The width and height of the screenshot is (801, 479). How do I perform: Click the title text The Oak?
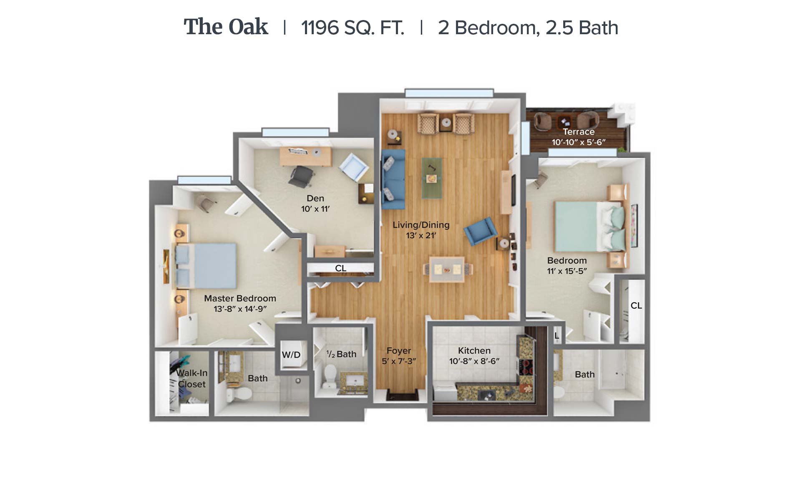pyautogui.click(x=226, y=27)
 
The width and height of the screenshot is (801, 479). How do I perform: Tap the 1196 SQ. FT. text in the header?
pyautogui.click(x=353, y=28)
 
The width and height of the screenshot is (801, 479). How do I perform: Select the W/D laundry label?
pyautogui.click(x=291, y=355)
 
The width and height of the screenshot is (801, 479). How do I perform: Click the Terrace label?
pyautogui.click(x=578, y=131)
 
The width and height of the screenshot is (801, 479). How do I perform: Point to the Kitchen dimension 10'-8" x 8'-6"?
pyautogui.click(x=474, y=361)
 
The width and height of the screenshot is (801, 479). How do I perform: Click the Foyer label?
pyautogui.click(x=399, y=350)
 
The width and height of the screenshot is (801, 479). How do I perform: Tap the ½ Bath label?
pyautogui.click(x=341, y=354)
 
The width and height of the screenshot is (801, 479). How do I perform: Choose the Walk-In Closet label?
pyautogui.click(x=191, y=378)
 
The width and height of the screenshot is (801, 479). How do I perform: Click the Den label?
pyautogui.click(x=315, y=198)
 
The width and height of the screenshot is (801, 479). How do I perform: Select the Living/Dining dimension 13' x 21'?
pyautogui.click(x=421, y=235)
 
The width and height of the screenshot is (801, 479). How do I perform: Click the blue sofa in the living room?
pyautogui.click(x=393, y=179)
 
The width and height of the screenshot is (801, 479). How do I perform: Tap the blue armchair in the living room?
pyautogui.click(x=481, y=231)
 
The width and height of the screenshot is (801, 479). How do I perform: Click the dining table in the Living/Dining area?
pyautogui.click(x=447, y=270)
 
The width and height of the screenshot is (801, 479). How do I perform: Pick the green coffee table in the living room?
pyautogui.click(x=432, y=178)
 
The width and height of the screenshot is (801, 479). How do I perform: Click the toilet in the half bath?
pyautogui.click(x=330, y=375)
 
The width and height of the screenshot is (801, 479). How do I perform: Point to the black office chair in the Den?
pyautogui.click(x=301, y=177)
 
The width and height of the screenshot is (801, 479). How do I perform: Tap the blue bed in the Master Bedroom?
pyautogui.click(x=206, y=266)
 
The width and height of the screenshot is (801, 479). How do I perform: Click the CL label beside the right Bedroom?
pyautogui.click(x=636, y=305)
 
